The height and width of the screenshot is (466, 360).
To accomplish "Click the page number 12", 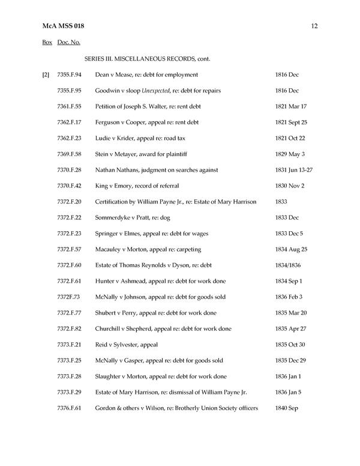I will [314, 26].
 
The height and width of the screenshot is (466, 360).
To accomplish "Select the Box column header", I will [47, 43].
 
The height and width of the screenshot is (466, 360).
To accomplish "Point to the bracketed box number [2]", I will [46, 74].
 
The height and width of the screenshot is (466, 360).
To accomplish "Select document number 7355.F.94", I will [70, 74].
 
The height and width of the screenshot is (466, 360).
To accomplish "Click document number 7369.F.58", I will [70, 154].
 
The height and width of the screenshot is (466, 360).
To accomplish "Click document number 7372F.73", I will [69, 297].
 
